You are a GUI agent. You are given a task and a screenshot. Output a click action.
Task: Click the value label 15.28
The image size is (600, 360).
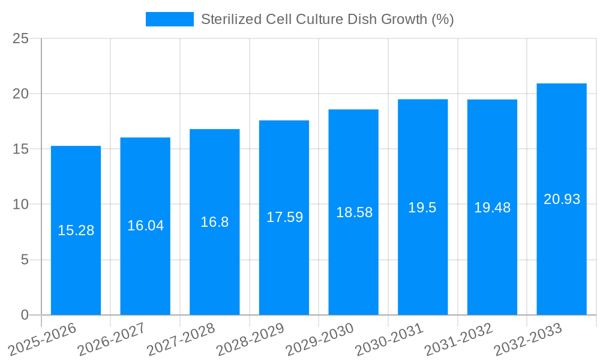[x=76, y=230]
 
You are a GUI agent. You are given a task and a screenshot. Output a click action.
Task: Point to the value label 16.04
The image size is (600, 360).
[x=145, y=226]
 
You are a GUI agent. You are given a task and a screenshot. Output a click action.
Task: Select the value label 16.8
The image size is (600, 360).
[x=214, y=222]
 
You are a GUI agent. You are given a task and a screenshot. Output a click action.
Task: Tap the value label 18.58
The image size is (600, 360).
[x=353, y=212]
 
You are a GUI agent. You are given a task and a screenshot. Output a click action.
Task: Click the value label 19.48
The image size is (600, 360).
[x=492, y=208]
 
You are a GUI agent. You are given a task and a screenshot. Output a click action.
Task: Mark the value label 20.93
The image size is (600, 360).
[x=562, y=199]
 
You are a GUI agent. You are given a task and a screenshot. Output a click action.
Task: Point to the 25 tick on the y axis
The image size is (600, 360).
[x=20, y=38]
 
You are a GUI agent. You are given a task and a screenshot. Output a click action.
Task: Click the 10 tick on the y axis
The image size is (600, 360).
[x=20, y=205]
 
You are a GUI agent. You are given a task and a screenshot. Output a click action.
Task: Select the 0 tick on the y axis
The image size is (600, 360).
[x=25, y=315]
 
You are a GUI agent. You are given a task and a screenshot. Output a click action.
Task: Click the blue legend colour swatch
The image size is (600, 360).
[x=169, y=19]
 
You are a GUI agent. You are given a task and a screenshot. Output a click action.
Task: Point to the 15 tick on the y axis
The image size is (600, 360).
[x=20, y=149]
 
